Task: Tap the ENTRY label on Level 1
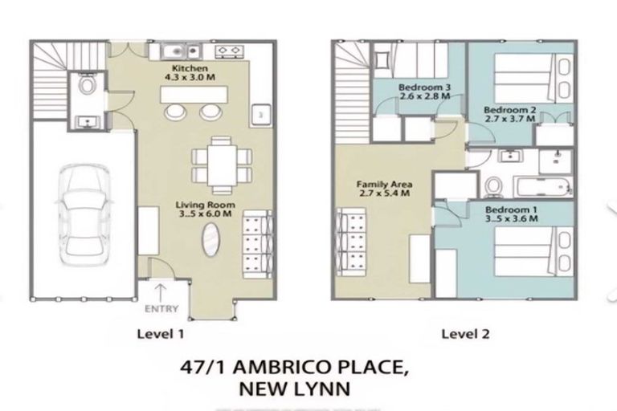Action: pos(161,307)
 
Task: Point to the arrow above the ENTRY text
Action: pos(160,291)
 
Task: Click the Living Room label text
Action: pos(206,210)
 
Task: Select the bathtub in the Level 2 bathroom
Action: pos(542,188)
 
